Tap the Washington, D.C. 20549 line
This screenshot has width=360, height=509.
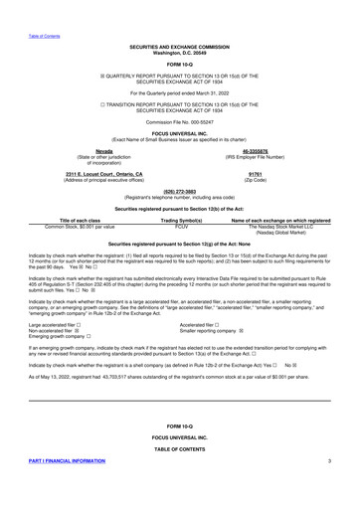[x=180, y=52]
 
